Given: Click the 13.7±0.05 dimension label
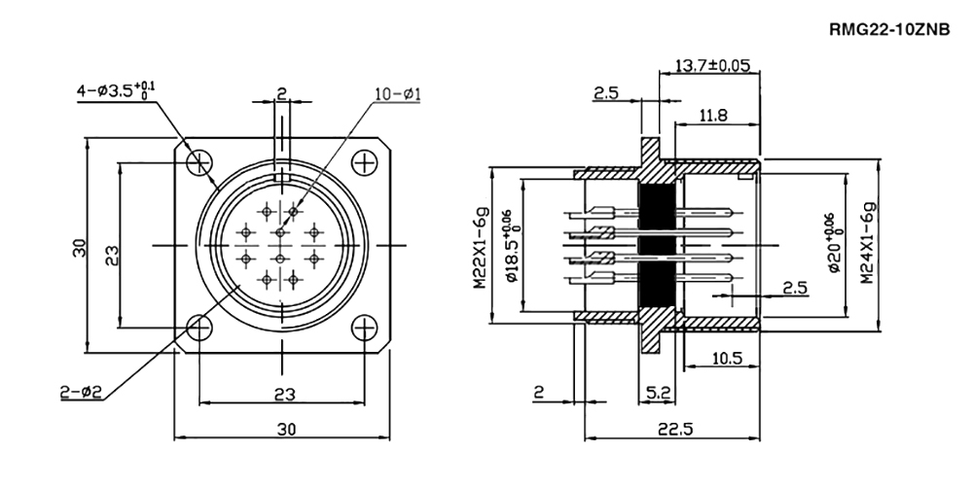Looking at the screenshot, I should [711, 66].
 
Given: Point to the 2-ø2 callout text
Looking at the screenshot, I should [81, 392].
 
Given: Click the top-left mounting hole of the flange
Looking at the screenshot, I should [199, 161].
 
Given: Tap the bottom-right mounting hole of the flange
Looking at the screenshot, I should [364, 328].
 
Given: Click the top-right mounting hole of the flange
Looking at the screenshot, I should [364, 161].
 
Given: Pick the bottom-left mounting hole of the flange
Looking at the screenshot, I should [199, 328].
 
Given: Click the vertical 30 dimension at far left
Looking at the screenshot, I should [80, 247].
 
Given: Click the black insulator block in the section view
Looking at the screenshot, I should [657, 246].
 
